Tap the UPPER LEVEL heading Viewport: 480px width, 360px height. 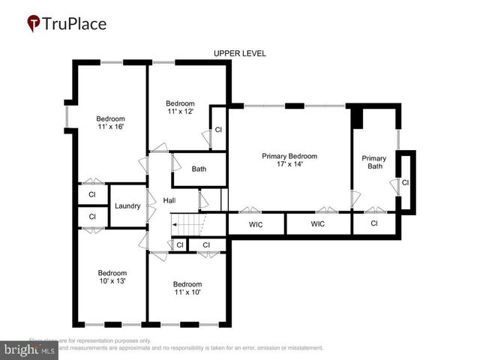(x=240, y=53)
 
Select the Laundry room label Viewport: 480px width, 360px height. (x=127, y=205)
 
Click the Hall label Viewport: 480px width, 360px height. (x=169, y=200)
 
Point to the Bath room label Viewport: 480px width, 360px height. (x=199, y=169)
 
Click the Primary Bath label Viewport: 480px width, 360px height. (x=373, y=163)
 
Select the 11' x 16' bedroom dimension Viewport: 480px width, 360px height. (x=110, y=127)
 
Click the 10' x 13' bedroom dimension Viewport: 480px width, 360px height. (x=112, y=281)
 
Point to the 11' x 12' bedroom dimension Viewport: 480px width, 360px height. (x=180, y=112)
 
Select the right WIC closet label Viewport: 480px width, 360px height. (x=318, y=223)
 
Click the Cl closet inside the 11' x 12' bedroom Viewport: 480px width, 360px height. (x=218, y=130)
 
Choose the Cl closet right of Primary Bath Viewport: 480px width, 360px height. (x=405, y=182)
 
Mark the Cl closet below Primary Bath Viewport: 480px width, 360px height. (x=374, y=223)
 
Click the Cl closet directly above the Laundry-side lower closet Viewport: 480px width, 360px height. (x=92, y=194)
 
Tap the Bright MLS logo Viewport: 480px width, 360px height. (x=29, y=350)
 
